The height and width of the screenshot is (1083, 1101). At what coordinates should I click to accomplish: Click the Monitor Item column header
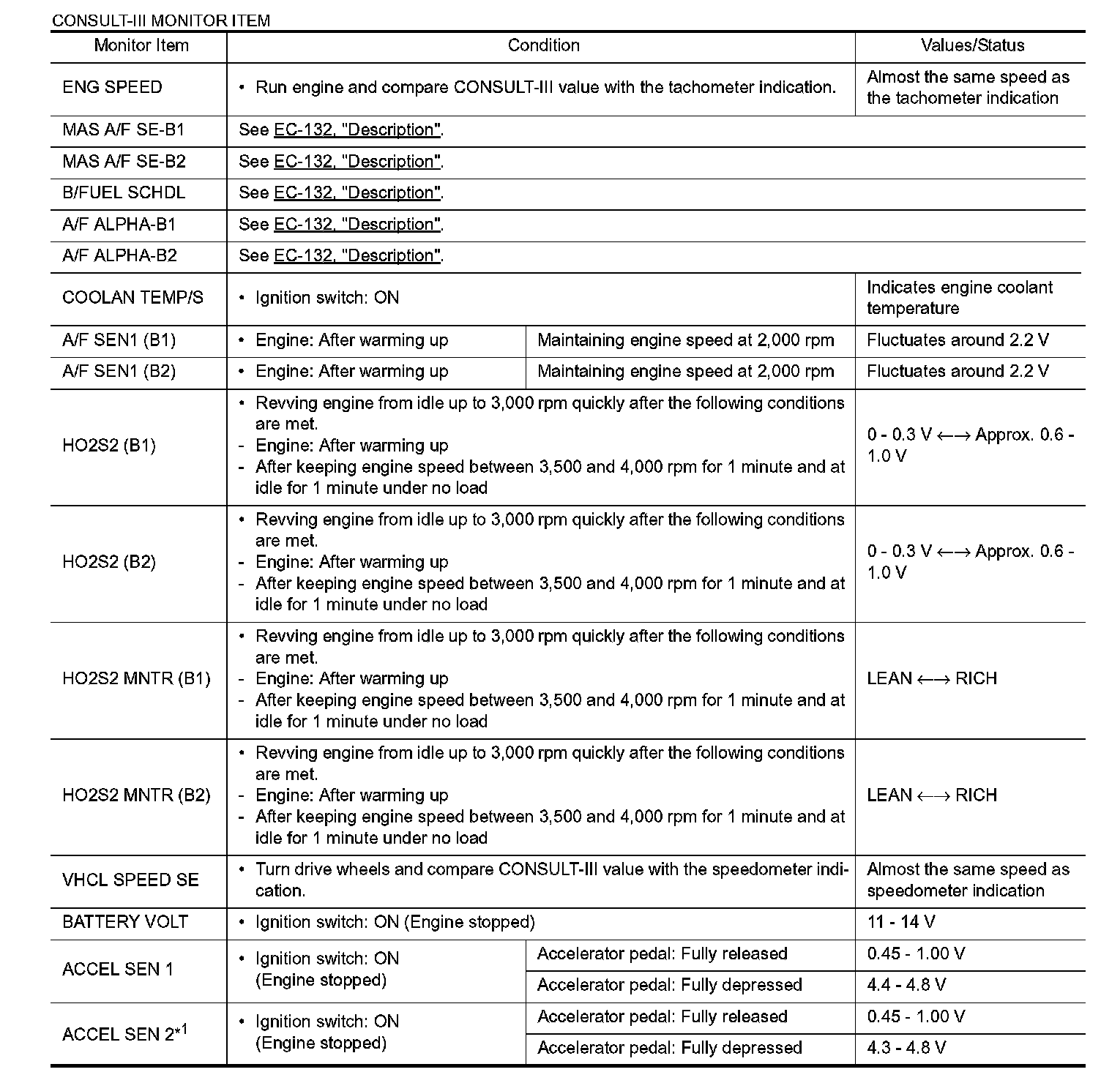tap(141, 45)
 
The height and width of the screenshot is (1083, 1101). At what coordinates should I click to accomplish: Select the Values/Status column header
tap(972, 45)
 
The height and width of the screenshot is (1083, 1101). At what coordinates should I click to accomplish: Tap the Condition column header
tap(543, 45)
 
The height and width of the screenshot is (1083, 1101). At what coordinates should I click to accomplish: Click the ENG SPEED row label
tap(112, 87)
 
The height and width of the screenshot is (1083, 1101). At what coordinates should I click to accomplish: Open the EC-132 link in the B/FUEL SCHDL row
tap(357, 192)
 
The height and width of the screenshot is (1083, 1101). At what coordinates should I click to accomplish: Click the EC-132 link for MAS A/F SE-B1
tap(357, 130)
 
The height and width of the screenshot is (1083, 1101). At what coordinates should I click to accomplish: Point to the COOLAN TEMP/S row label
tap(133, 297)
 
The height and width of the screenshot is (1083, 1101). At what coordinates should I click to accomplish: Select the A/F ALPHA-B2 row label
tap(119, 255)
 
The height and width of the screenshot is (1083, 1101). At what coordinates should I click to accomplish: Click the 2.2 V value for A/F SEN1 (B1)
tap(958, 340)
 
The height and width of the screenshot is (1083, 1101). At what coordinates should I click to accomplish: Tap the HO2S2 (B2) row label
tap(109, 562)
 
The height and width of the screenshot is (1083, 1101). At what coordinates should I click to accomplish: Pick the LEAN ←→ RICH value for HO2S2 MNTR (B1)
tap(931, 678)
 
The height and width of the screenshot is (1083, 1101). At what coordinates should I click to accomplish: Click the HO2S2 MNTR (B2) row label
tap(136, 795)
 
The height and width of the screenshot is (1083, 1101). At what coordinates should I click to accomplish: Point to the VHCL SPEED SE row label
tap(130, 880)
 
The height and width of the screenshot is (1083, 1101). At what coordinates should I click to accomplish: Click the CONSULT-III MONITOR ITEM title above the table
tap(160, 20)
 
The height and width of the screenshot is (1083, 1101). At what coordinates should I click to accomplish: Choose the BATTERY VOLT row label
tap(125, 922)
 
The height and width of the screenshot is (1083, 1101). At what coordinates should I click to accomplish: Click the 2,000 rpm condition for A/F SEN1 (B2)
tap(685, 371)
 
